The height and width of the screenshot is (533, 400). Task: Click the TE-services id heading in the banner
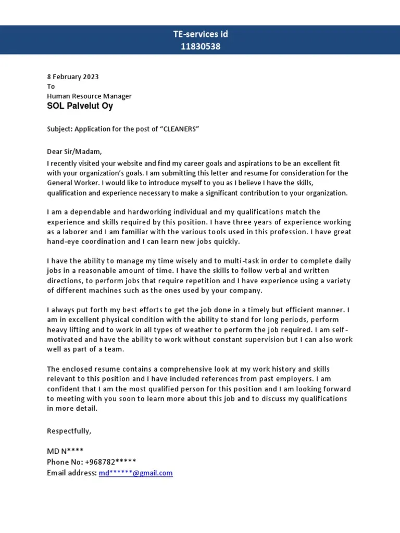(x=200, y=34)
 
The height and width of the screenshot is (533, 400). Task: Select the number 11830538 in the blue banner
(x=200, y=46)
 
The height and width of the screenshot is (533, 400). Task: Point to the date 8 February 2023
(x=72, y=77)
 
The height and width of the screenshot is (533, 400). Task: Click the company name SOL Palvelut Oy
(x=80, y=106)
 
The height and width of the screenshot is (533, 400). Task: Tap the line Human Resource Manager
(x=89, y=96)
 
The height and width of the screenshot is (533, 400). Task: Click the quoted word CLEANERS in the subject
(x=179, y=129)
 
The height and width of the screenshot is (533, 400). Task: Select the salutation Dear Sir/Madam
(x=74, y=152)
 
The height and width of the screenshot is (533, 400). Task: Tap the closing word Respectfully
(x=69, y=431)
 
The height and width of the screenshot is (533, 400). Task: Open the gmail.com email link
(x=135, y=473)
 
